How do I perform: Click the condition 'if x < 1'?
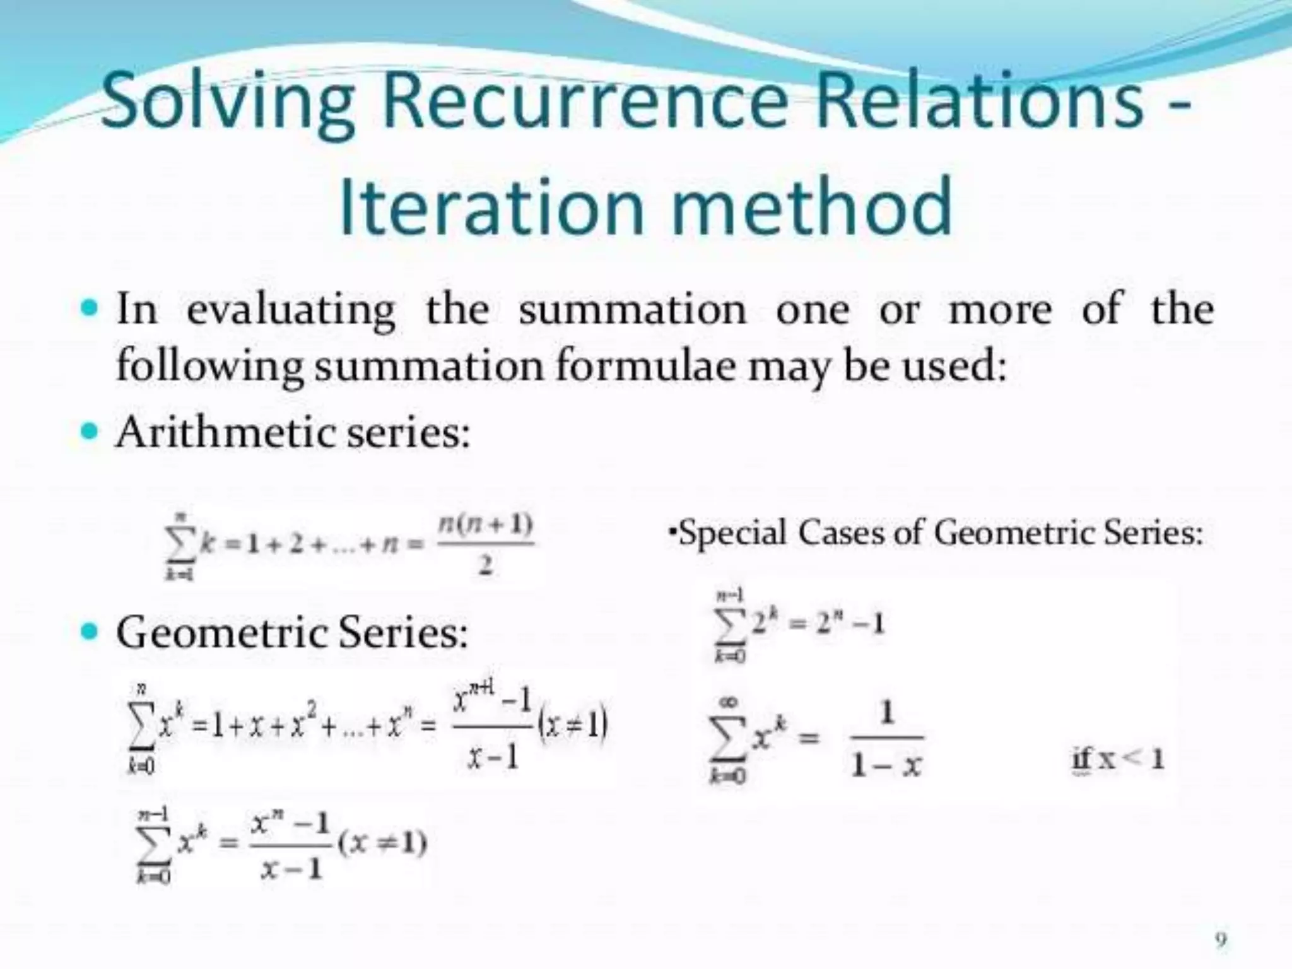tap(1117, 758)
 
